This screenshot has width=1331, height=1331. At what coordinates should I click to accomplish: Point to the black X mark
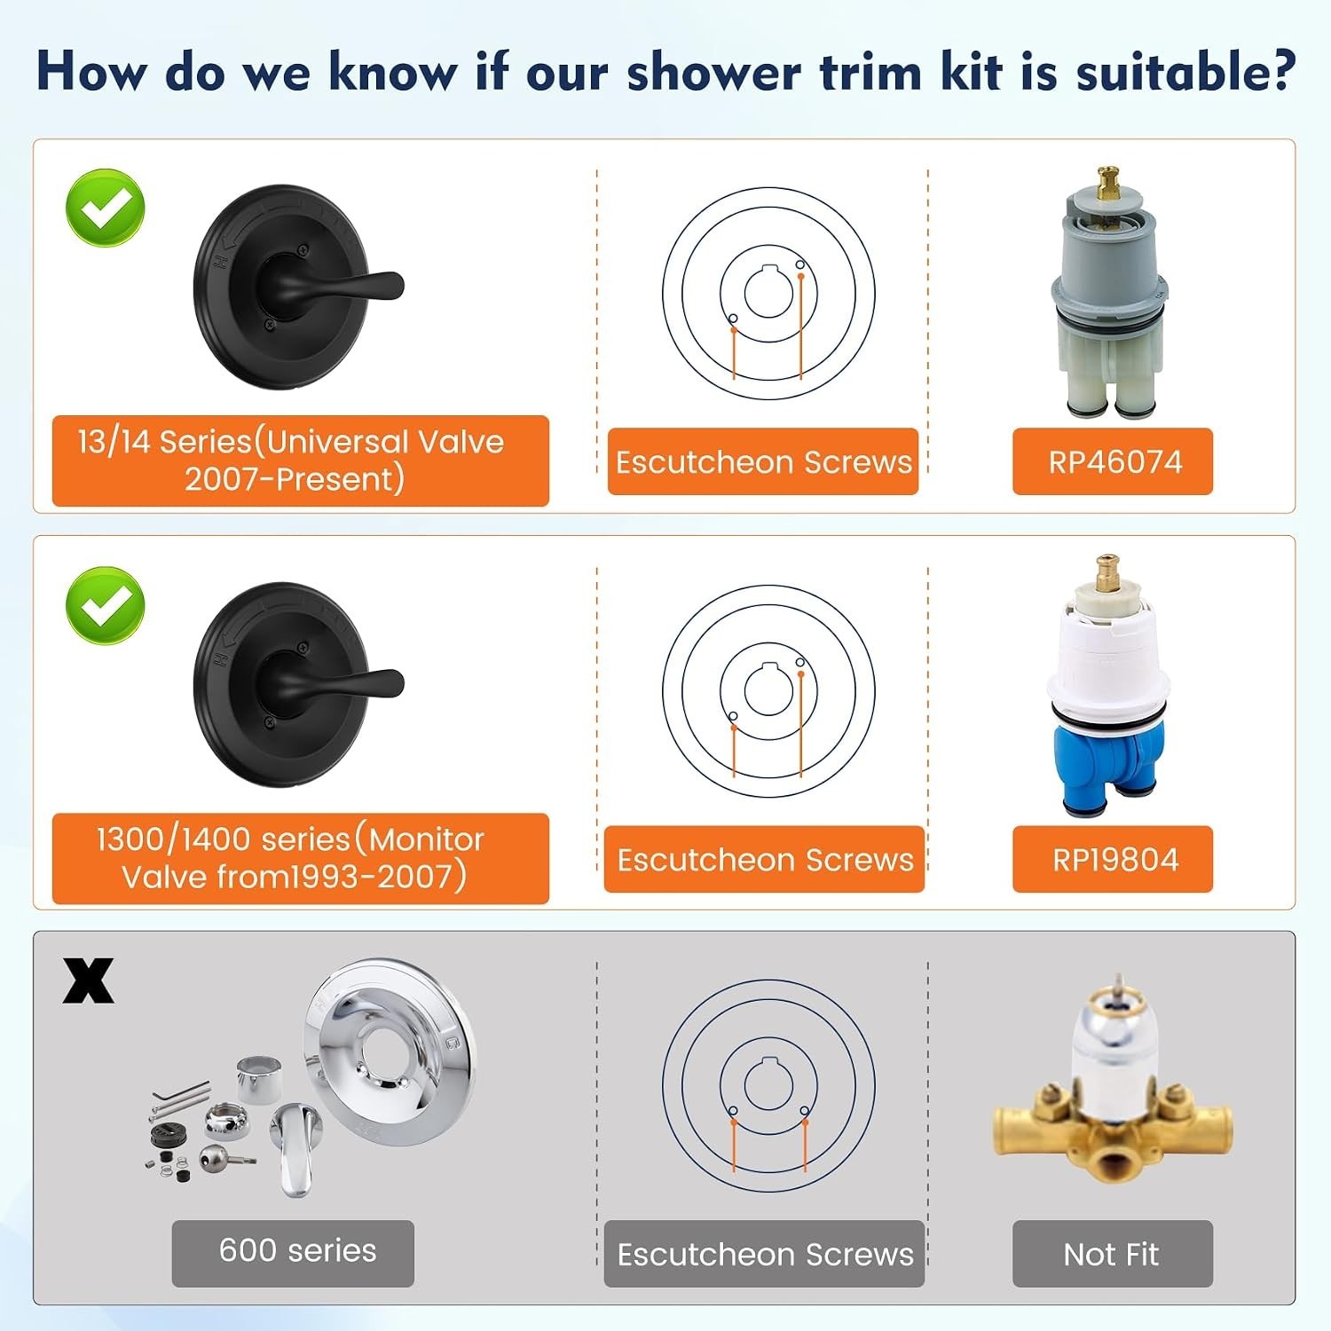click(x=88, y=981)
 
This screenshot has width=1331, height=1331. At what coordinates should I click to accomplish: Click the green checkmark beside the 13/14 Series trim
click(x=106, y=208)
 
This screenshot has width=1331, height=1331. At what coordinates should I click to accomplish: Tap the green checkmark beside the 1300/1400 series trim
click(x=106, y=605)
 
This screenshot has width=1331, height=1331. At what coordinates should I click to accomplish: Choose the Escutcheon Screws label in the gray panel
click(x=764, y=1254)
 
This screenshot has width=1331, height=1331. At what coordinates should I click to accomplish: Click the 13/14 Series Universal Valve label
click(x=300, y=461)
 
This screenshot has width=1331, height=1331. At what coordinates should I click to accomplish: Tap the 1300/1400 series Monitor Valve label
click(x=300, y=858)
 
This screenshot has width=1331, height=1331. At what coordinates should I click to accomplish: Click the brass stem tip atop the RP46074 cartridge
click(x=1107, y=182)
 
